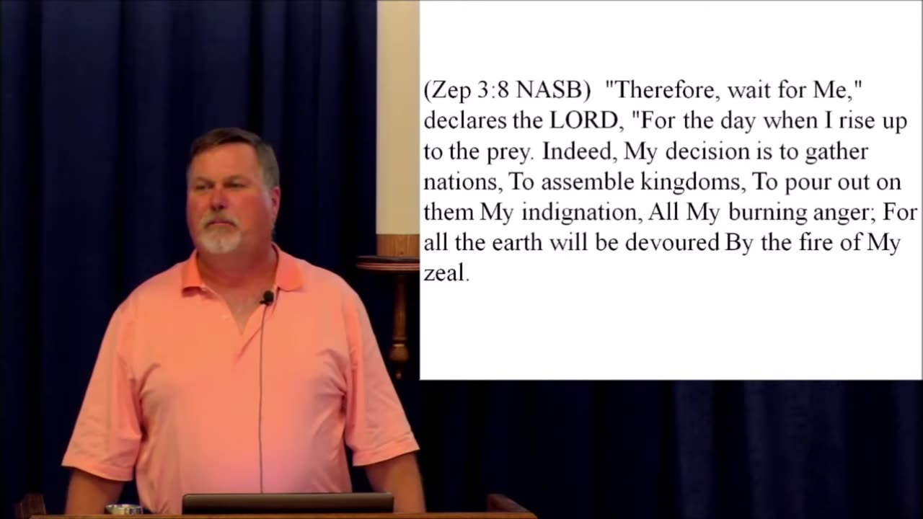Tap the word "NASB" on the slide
click(x=549, y=89)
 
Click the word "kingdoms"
click(x=691, y=183)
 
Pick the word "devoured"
click(x=672, y=243)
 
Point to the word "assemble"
click(x=587, y=182)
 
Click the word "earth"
click(x=517, y=243)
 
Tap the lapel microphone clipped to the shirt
click(x=267, y=298)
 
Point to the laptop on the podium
click(x=288, y=503)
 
